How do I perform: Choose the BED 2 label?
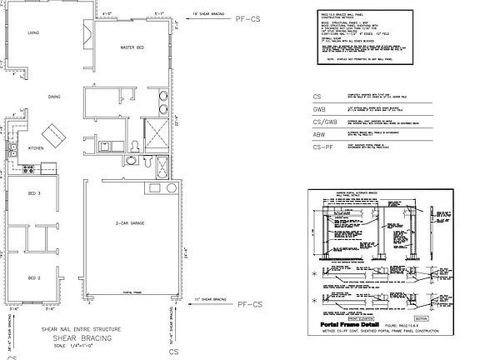[x=34, y=277]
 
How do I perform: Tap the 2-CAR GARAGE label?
[x=132, y=224]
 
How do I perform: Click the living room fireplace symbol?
[x=87, y=32]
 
